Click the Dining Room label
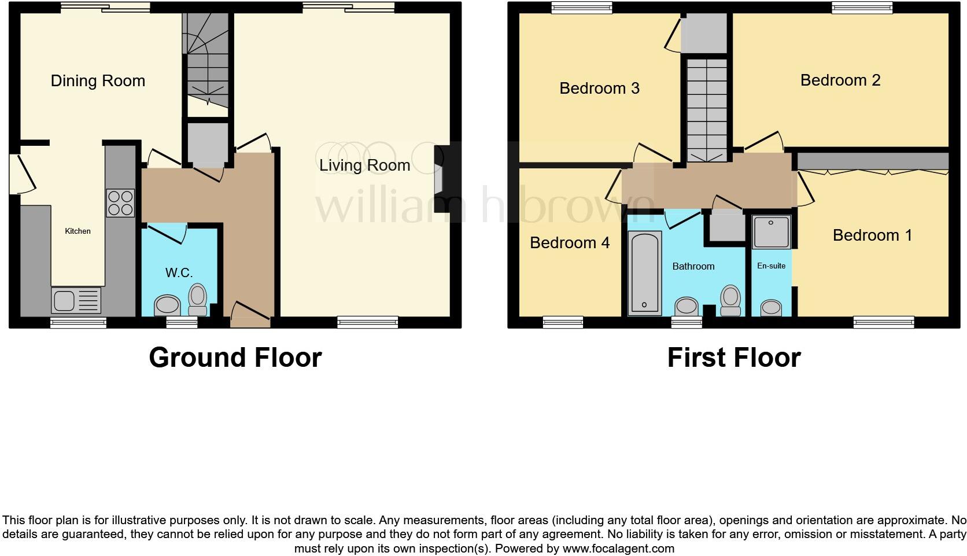tap(98, 80)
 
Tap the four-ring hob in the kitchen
tap(120, 203)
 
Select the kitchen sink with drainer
tap(76, 300)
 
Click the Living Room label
tap(364, 165)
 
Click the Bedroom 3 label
tap(599, 88)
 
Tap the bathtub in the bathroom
tap(645, 273)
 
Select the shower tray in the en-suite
tap(771, 231)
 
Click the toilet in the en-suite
tap(771, 307)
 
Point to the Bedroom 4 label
tap(569, 242)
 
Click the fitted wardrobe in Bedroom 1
tap(873, 161)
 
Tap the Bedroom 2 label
tap(840, 80)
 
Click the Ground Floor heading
tap(235, 357)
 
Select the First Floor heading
tap(733, 357)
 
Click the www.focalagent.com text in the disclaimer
tap(618, 548)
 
